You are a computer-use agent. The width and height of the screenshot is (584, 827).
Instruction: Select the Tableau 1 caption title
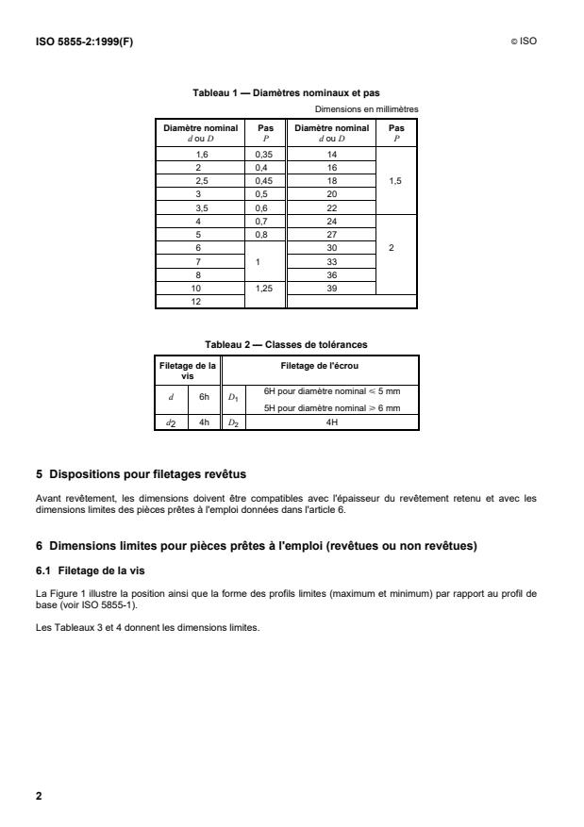coord(287,92)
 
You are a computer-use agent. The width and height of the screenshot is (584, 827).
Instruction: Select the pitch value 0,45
coord(263,179)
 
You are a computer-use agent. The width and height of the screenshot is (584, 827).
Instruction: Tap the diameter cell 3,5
coord(201,207)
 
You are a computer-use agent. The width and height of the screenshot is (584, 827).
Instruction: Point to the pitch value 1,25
coord(263,289)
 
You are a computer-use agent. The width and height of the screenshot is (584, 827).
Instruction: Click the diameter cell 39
coord(331,289)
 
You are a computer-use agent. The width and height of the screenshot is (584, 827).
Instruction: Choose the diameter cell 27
coord(331,234)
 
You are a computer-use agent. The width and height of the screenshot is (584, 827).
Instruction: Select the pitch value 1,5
coord(395,179)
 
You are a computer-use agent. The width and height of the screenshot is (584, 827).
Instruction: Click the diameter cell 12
coord(201,302)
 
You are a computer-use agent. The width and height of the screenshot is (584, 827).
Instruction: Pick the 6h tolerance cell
coord(205,397)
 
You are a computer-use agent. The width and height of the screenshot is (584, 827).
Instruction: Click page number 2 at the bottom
coord(39,796)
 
